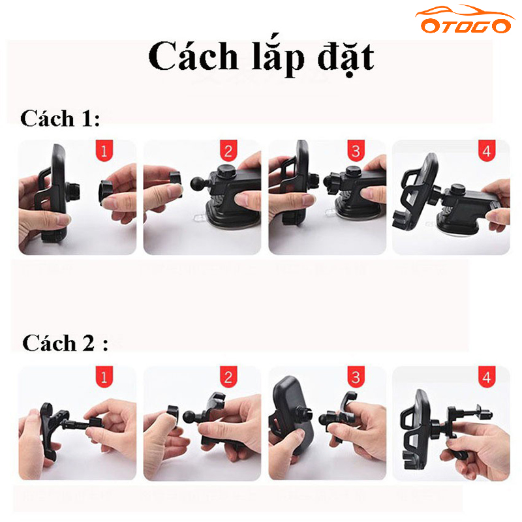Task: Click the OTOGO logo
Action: tap(465, 20)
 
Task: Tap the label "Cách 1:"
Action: tap(60, 118)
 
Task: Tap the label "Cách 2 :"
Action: tap(65, 343)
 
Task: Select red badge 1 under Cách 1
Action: tap(104, 151)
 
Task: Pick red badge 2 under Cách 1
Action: tap(228, 151)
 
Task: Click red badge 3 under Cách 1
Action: tap(356, 151)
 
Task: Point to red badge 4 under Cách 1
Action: tap(487, 151)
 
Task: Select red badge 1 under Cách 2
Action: tap(104, 377)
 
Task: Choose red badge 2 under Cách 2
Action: tap(228, 377)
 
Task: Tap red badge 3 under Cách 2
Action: tap(356, 377)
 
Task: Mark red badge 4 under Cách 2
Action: tap(487, 377)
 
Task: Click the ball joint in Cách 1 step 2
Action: tap(198, 183)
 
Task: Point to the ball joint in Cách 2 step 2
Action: tap(191, 418)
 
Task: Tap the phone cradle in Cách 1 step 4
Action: tap(416, 193)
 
